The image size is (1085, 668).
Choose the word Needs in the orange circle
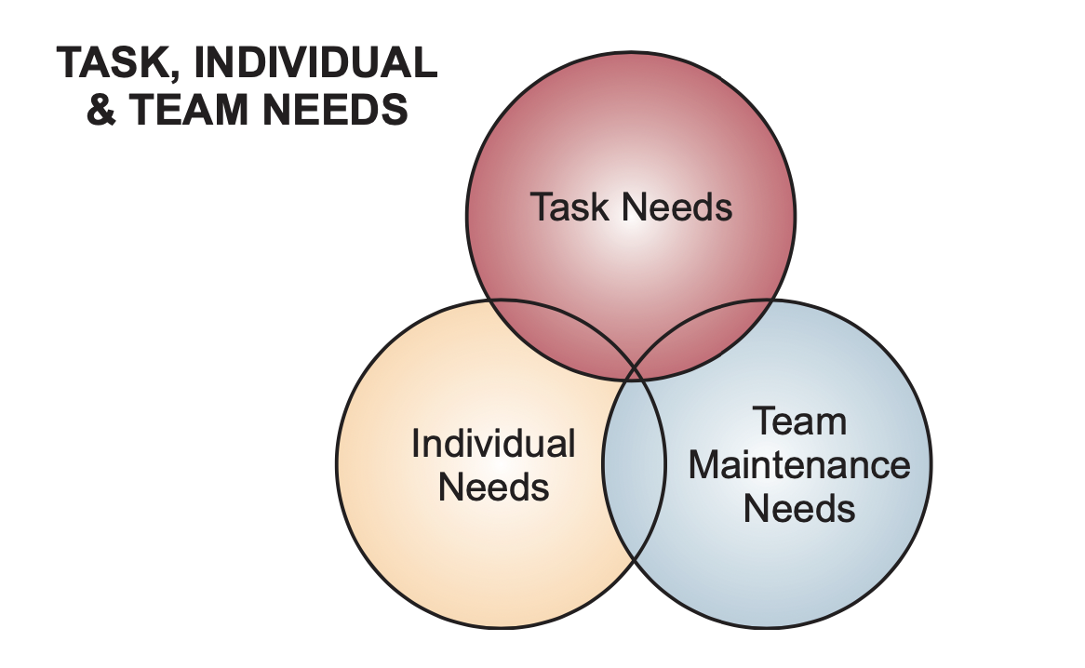493,486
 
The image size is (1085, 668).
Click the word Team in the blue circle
799,421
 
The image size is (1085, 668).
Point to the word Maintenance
799,464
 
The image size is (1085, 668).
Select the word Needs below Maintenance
799,508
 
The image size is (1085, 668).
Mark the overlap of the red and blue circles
707,340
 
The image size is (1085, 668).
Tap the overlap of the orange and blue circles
634,465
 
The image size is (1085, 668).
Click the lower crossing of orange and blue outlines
634,559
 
